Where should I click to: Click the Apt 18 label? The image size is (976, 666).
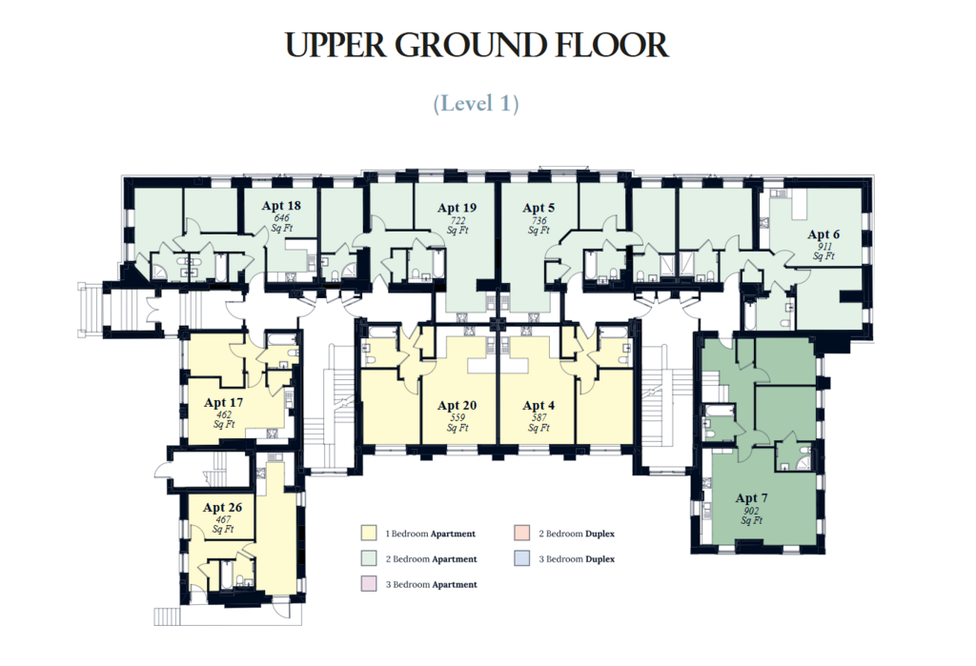[281, 206]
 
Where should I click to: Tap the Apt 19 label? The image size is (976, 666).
[457, 208]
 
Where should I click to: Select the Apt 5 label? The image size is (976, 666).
[539, 208]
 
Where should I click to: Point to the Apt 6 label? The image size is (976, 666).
[823, 234]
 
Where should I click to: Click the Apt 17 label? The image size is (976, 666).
[223, 403]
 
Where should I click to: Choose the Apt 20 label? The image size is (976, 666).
[457, 405]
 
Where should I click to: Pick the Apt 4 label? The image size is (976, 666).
[539, 405]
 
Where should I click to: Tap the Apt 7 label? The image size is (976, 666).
[751, 498]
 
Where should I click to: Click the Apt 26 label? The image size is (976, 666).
[222, 507]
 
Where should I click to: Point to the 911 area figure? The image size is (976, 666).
[823, 247]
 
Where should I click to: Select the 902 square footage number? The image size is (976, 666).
[751, 511]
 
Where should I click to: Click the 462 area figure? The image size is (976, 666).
[223, 414]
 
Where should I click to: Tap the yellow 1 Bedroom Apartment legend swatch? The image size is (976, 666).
[369, 534]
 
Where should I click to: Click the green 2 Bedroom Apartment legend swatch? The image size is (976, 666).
[369, 559]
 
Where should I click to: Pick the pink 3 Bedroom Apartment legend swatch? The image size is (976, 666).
[369, 584]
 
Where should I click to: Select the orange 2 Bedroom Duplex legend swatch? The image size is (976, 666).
[521, 534]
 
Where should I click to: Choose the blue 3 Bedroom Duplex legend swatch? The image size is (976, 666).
[521, 559]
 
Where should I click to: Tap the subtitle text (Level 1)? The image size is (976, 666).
[477, 103]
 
